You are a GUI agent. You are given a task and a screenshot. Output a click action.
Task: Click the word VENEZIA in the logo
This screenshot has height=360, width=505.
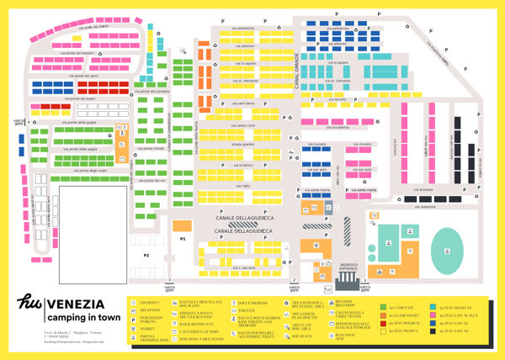coord(75,303)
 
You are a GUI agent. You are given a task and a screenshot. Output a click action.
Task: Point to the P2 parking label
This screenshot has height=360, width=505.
coord(145,254)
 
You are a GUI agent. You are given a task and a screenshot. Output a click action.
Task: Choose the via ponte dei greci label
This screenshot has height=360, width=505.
coord(87,77)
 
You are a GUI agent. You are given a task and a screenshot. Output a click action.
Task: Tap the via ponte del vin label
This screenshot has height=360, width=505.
coord(152,180)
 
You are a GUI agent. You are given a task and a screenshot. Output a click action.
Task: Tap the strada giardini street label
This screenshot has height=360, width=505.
coord(243,144)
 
